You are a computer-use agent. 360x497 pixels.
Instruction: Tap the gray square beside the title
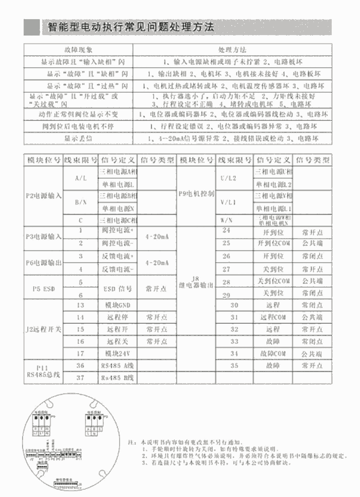[x=32, y=27]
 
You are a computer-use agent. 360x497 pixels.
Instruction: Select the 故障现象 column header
[x=78, y=49]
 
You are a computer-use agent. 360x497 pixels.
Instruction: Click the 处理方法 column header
[x=232, y=49]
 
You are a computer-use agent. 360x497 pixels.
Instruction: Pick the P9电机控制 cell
[x=196, y=196]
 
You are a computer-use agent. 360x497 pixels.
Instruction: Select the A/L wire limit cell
[x=80, y=178]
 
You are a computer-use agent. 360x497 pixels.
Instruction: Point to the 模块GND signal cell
[x=118, y=305]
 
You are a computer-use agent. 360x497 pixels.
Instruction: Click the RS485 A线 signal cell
[x=118, y=365]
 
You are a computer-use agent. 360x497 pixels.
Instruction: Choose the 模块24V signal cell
[x=118, y=353]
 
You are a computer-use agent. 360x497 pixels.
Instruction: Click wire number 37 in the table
[x=80, y=377]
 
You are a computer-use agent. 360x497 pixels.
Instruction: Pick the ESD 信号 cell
[x=118, y=289]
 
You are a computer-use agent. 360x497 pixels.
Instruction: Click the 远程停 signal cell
[x=118, y=317]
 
